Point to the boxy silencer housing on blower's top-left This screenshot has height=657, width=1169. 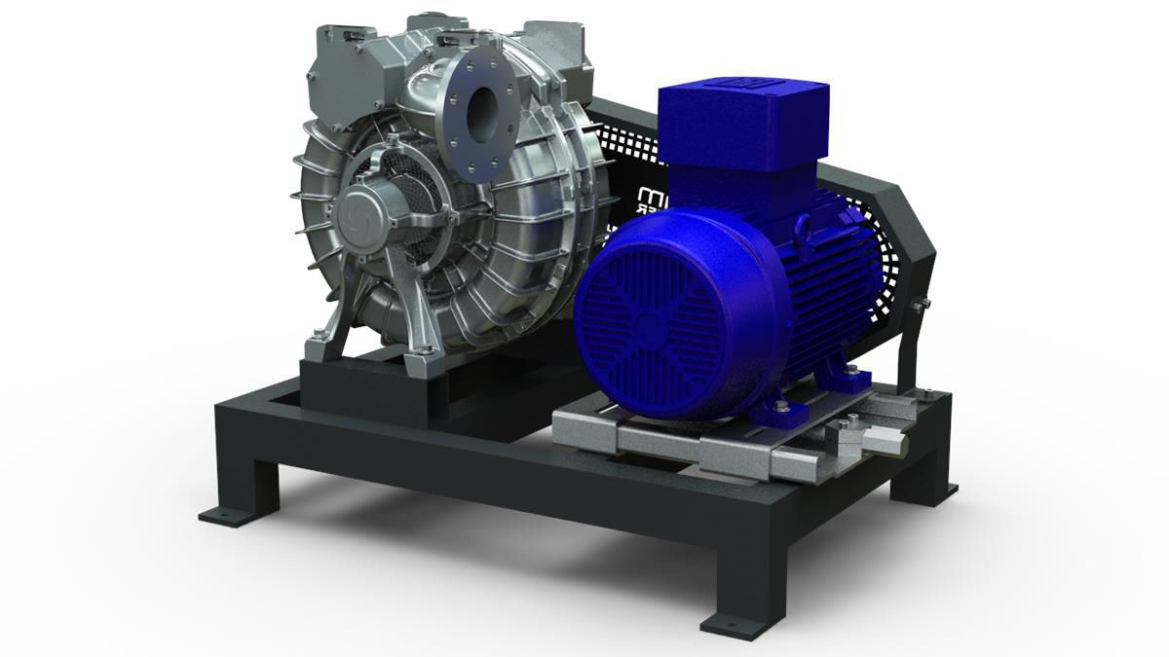pos(336,82)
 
